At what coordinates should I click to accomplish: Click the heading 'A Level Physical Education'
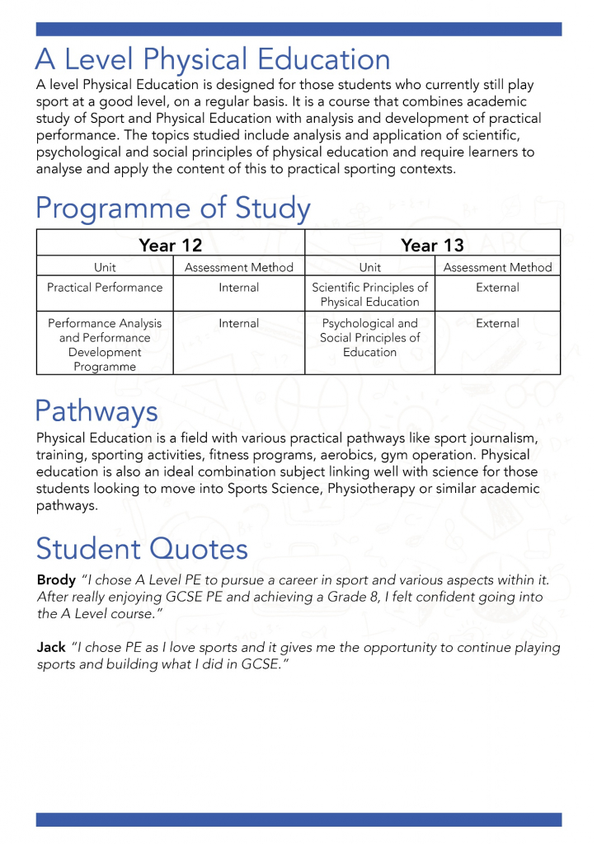[x=213, y=60]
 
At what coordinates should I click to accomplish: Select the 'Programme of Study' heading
[x=173, y=208]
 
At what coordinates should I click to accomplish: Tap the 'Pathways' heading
[x=96, y=410]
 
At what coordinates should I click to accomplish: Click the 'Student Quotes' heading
[x=142, y=548]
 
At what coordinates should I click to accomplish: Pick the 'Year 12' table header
[x=171, y=245]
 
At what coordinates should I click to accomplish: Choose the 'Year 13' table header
[x=432, y=245]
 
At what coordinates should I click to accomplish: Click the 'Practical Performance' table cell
[x=105, y=288]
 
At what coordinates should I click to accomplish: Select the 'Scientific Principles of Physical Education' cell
[x=369, y=294]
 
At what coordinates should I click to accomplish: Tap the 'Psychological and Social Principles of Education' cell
[x=369, y=338]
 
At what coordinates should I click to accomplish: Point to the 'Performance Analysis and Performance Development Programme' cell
[x=105, y=345]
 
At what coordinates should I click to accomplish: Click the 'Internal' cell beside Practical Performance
[x=238, y=288]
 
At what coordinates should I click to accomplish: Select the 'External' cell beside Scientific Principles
[x=497, y=288]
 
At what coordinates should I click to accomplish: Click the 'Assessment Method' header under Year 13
[x=497, y=267]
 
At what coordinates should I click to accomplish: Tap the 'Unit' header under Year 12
[x=105, y=267]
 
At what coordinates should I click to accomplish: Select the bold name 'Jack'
[x=51, y=648]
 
